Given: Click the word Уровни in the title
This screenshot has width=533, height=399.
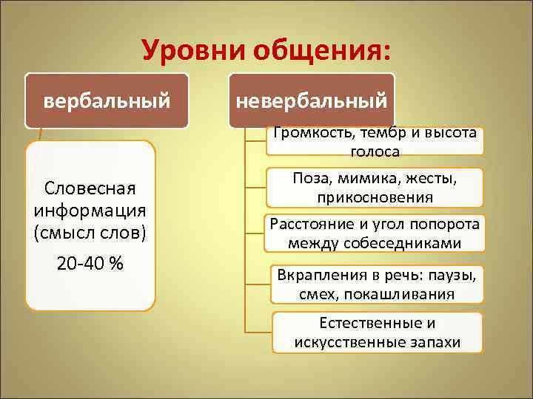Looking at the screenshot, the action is pos(194,51).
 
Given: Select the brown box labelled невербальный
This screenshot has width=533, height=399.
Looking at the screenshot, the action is pos(312,100).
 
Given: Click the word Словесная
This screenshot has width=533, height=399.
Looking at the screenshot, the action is pos(90,188).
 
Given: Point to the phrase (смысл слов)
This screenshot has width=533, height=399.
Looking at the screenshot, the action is pos(90,233).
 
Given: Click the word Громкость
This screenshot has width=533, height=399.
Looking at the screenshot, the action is pos(314,134).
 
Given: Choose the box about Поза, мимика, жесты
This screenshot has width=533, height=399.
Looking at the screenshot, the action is pos(375,188).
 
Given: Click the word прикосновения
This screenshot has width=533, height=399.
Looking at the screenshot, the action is pos(375,197).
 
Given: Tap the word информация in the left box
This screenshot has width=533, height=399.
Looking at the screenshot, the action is pos(90,211).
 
